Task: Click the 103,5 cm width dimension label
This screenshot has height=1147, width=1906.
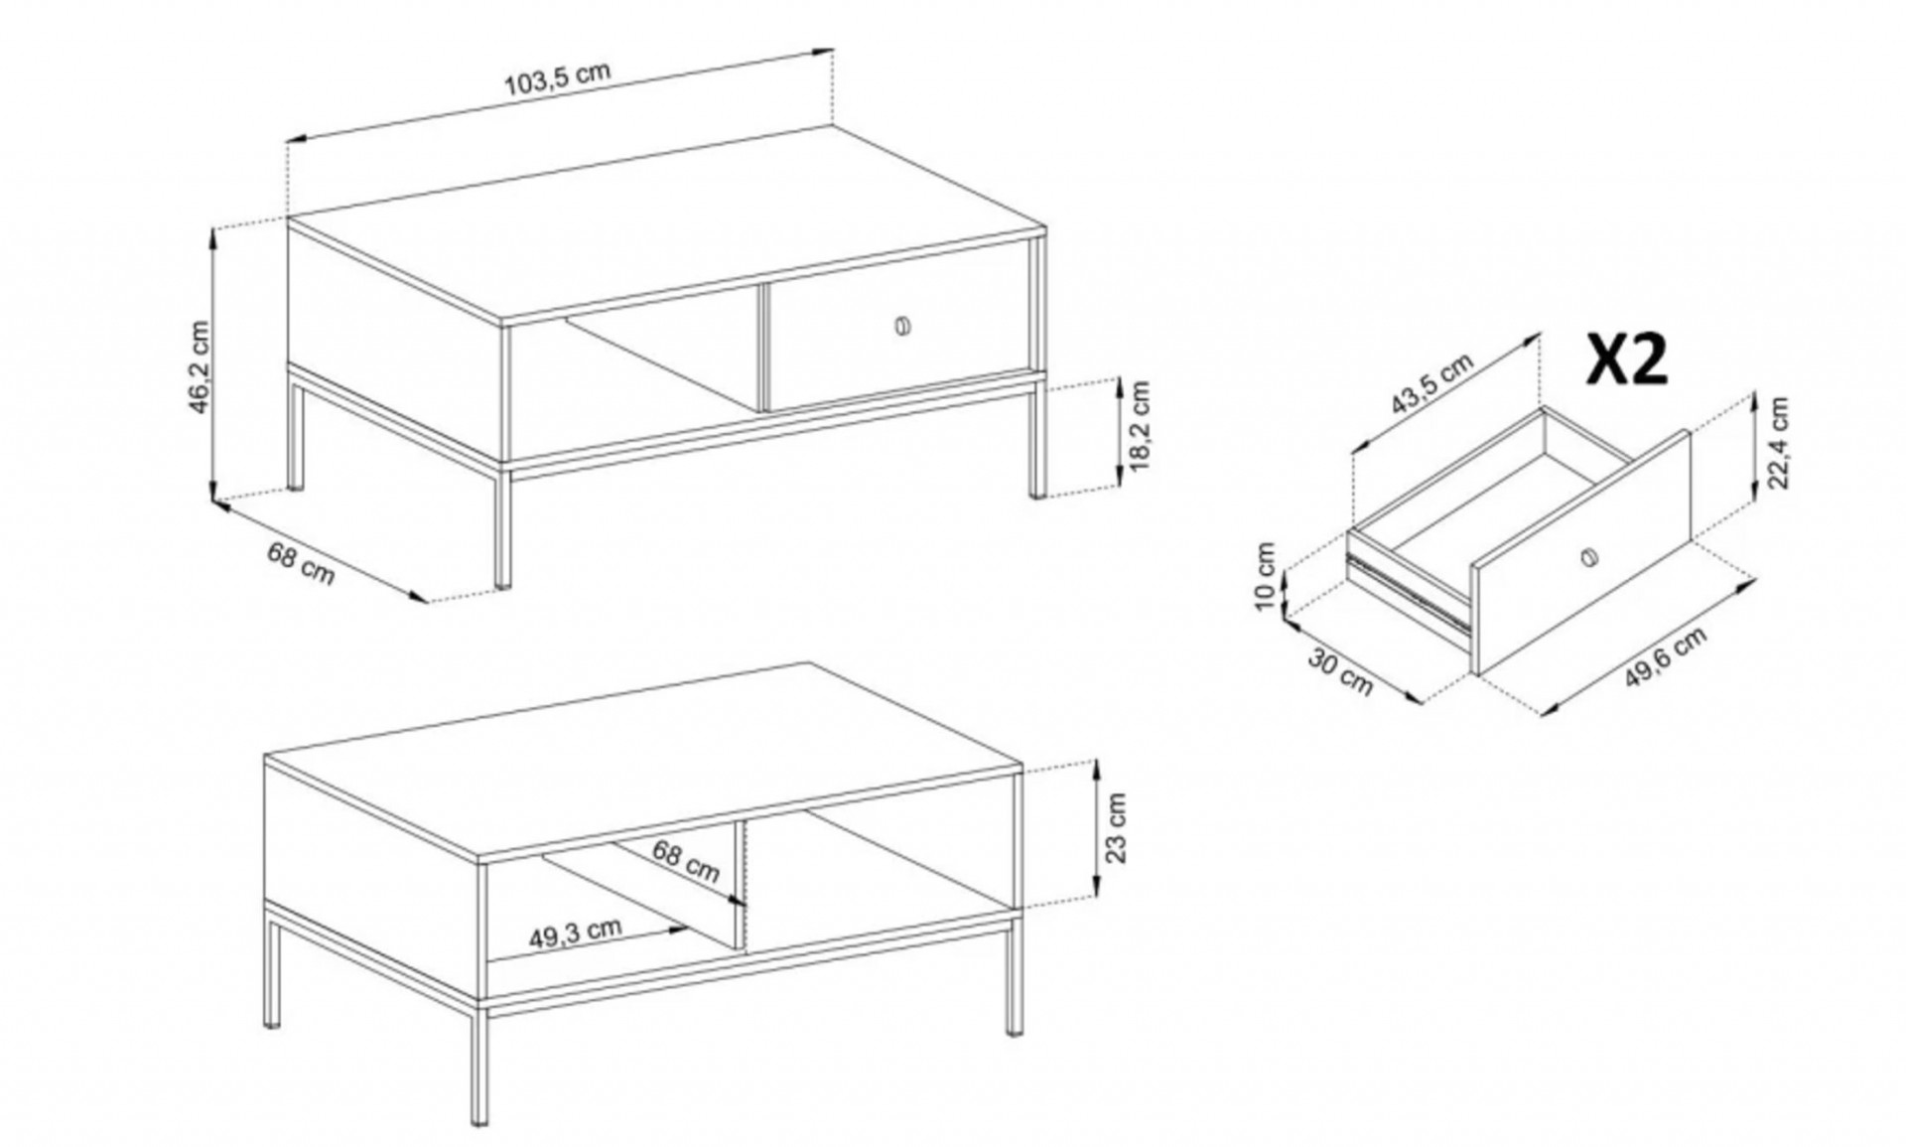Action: click(558, 78)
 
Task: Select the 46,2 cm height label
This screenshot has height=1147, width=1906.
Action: click(200, 366)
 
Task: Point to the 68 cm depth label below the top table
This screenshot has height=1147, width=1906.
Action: click(301, 563)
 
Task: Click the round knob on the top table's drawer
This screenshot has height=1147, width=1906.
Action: click(902, 325)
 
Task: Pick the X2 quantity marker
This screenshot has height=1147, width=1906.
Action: click(1626, 358)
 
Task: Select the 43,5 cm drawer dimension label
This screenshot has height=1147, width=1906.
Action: click(1430, 384)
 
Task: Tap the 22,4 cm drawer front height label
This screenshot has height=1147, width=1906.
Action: click(1777, 443)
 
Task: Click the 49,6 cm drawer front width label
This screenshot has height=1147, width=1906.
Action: click(1666, 657)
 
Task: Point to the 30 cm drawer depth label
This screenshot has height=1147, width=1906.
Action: click(1340, 671)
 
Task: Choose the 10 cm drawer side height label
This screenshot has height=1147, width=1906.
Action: click(1264, 576)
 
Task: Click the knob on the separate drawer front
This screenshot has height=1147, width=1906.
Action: click(1588, 558)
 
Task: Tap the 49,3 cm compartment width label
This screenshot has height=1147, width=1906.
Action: click(575, 933)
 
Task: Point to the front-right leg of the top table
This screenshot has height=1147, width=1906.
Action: click(1037, 438)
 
